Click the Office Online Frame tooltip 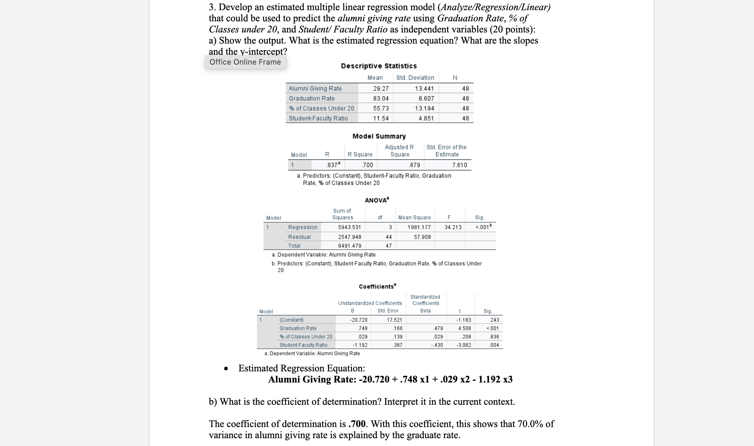pos(245,62)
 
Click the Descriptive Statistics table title pos(379,66)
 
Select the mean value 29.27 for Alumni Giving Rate pos(381,89)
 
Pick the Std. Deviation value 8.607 pos(426,99)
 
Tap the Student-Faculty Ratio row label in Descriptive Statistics pos(318,119)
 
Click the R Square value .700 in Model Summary pos(367,165)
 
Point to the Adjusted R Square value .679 pos(414,165)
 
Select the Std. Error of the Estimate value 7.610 pos(459,165)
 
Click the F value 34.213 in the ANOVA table pos(453,227)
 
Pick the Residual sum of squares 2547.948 pos(350,237)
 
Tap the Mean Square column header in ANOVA pos(414,218)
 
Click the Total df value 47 pos(388,246)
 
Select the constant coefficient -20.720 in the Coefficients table pos(358,320)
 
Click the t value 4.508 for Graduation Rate pos(465,328)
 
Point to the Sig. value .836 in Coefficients pos(494,337)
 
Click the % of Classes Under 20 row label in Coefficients pos(306,337)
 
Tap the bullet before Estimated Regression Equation pos(226,369)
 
